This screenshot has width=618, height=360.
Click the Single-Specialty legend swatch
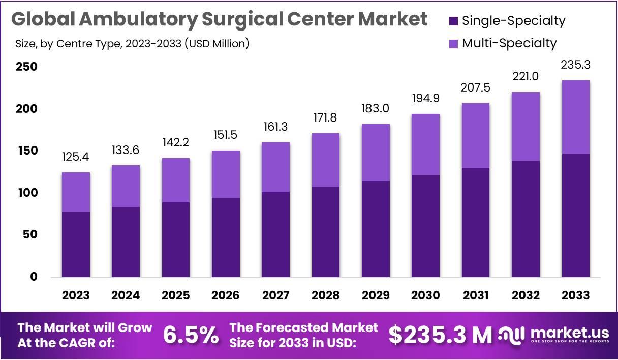[453, 21]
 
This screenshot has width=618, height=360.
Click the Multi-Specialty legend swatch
[453, 43]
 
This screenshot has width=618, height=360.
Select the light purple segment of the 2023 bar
[76, 192]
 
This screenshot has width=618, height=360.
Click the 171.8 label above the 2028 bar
[326, 118]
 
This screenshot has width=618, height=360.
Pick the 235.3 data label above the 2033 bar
[576, 65]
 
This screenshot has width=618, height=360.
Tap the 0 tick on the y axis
[34, 277]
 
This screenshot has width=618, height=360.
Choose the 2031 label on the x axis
[476, 295]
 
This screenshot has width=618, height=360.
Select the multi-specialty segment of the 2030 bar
[425, 144]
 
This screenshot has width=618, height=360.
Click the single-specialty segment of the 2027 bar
[276, 234]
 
